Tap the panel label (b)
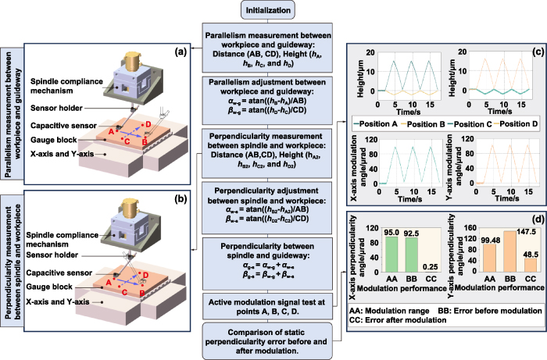point(179,199)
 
